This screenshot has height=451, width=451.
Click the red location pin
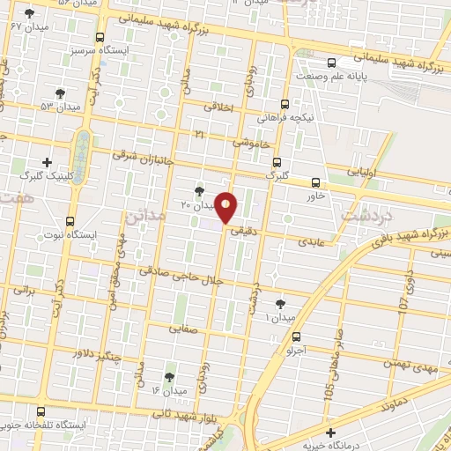pyautogui.click(x=226, y=207)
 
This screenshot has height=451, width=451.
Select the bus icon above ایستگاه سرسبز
pyautogui.click(x=99, y=38)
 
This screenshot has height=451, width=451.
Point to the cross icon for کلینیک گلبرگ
pyautogui.click(x=47, y=162)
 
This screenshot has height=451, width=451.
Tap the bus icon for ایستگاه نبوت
pyautogui.click(x=70, y=222)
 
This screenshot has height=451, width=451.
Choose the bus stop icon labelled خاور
pyautogui.click(x=316, y=182)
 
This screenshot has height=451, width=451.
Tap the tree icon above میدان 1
pyautogui.click(x=280, y=304)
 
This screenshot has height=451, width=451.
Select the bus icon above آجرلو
pyautogui.click(x=295, y=336)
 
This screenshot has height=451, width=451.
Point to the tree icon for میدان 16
pyautogui.click(x=169, y=377)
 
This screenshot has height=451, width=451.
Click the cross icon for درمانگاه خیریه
pyautogui.click(x=330, y=433)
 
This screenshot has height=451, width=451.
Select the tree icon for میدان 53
pyautogui.click(x=60, y=92)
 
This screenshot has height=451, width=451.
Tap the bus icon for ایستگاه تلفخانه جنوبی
pyautogui.click(x=41, y=411)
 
